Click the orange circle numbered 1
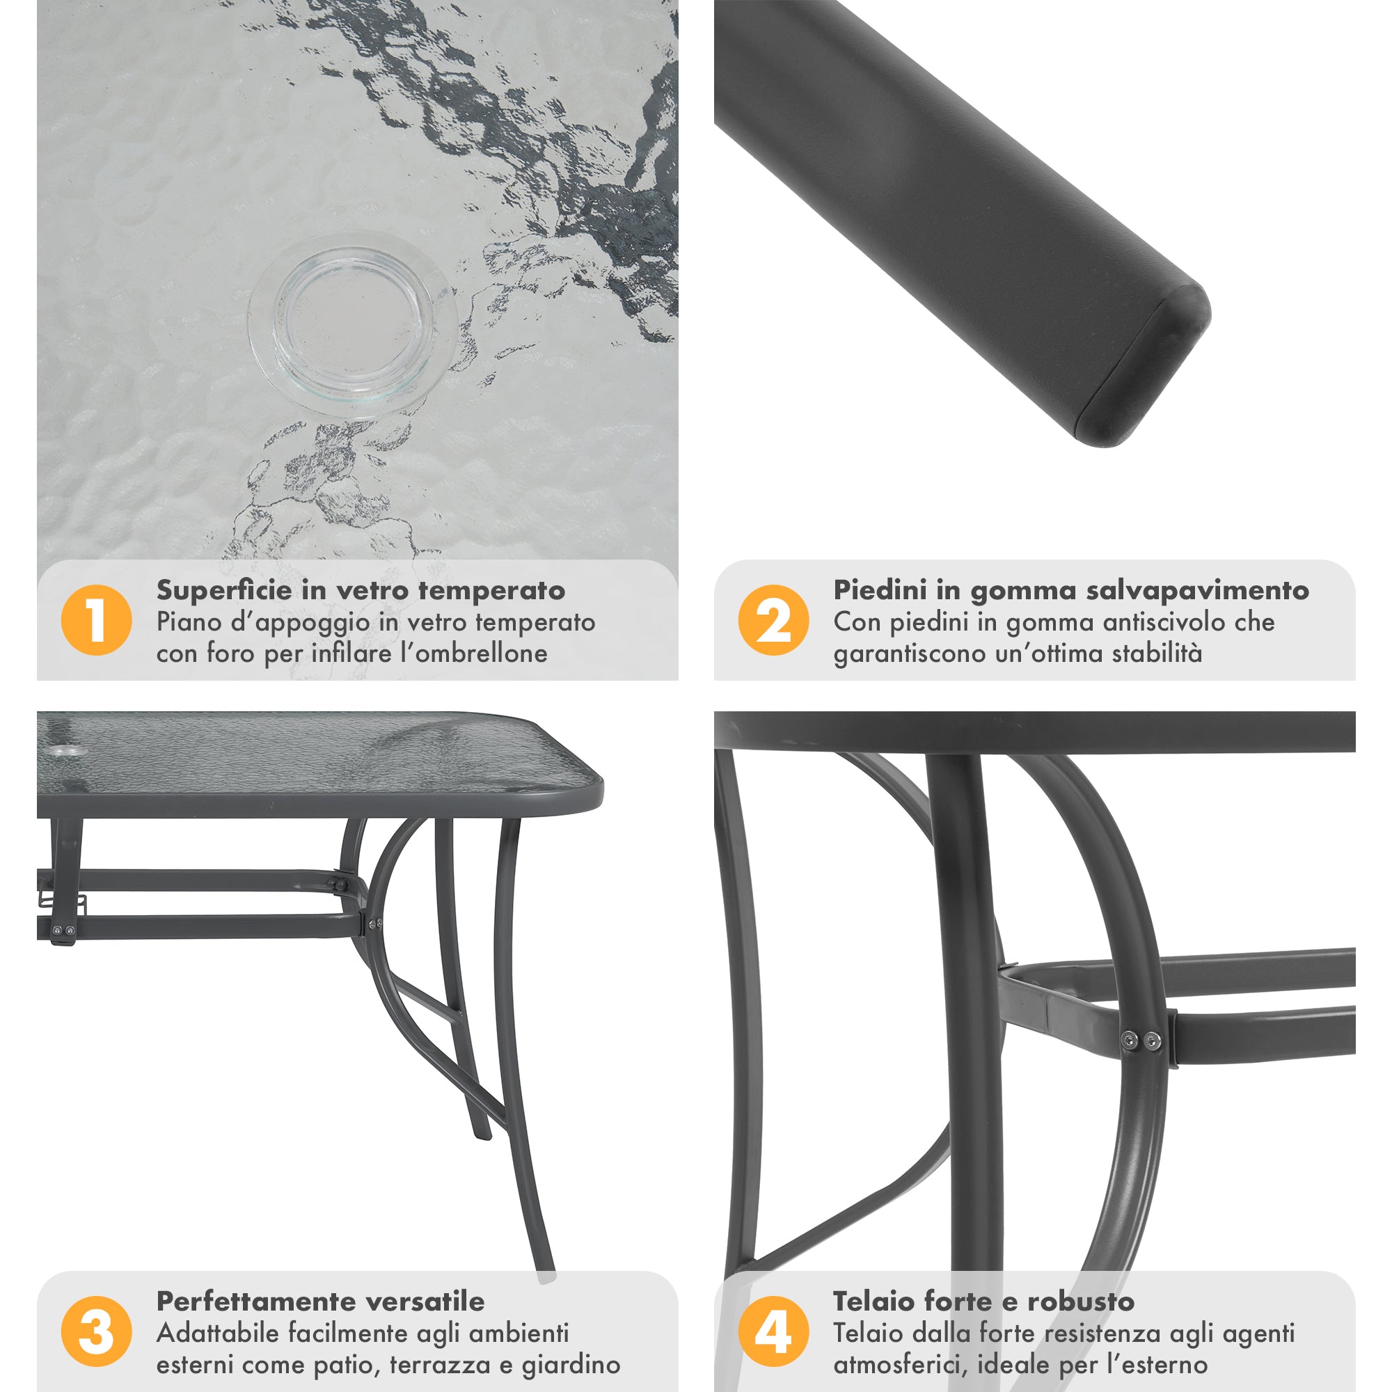(97, 619)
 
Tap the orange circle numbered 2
(773, 619)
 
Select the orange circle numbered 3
(97, 1331)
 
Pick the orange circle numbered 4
(773, 1331)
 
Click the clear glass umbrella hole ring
(351, 324)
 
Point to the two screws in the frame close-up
(1141, 1040)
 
